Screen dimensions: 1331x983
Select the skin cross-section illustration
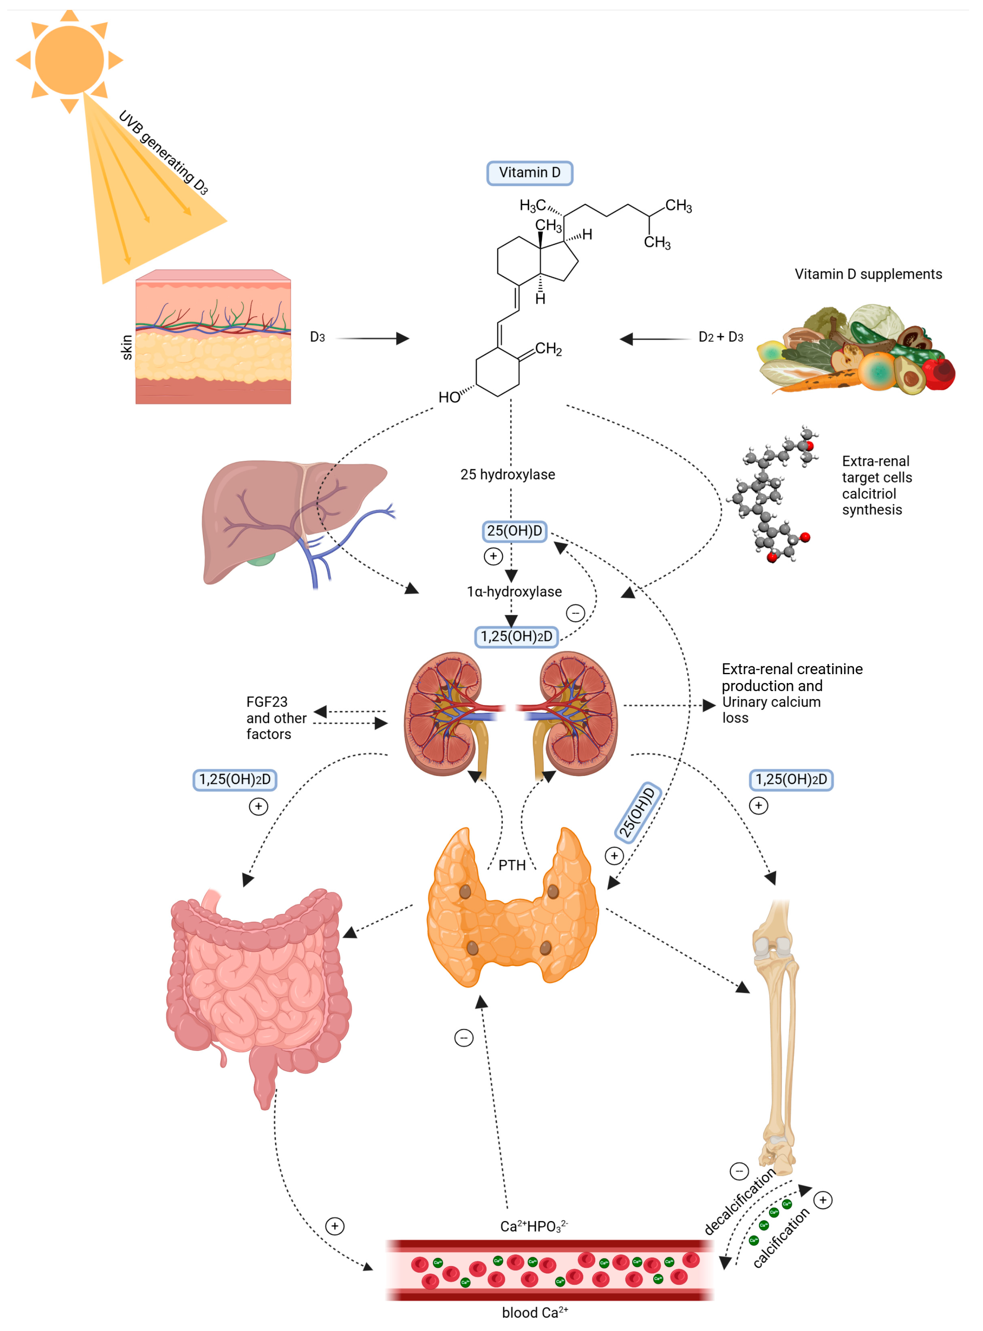[x=213, y=337]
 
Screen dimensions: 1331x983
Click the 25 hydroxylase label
[x=508, y=474]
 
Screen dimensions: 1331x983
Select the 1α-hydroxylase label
[x=514, y=591]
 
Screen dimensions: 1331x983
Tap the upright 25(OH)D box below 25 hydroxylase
[x=514, y=531]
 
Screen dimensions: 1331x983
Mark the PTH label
[x=512, y=865]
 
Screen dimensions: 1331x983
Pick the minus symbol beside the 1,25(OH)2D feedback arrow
[x=575, y=613]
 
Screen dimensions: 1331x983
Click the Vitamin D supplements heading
[x=868, y=274]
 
